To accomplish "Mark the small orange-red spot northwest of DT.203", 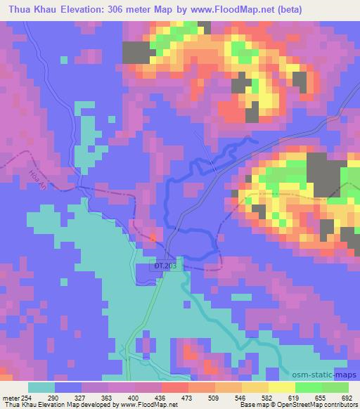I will coord(153,238).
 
